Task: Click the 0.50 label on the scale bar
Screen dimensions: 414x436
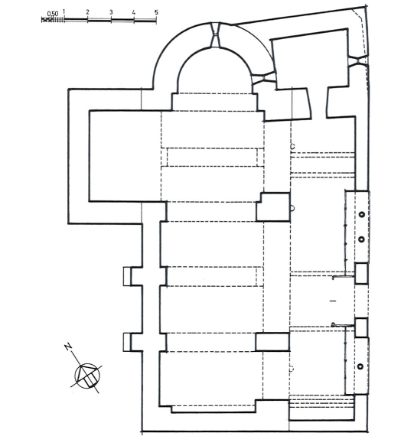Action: point(53,14)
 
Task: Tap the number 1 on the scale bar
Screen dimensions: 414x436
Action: point(64,11)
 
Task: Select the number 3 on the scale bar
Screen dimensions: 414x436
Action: point(111,12)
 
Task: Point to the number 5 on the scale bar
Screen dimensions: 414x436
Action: point(156,12)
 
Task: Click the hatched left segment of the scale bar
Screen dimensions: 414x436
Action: point(53,20)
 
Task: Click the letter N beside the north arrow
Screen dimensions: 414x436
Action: point(68,347)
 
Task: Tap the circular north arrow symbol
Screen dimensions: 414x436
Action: point(86,376)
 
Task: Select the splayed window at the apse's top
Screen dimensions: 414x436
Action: point(216,35)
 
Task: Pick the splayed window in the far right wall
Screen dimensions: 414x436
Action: point(357,61)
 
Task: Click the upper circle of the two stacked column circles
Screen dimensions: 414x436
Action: point(362,215)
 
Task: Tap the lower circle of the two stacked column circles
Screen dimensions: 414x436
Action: point(362,239)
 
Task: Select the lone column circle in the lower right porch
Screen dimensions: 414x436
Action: point(360,366)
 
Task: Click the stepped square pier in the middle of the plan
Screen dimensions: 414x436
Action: point(273,207)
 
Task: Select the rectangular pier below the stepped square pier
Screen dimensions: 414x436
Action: point(272,342)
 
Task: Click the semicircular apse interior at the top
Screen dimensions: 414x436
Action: point(214,73)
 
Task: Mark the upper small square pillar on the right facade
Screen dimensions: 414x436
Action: point(361,274)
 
